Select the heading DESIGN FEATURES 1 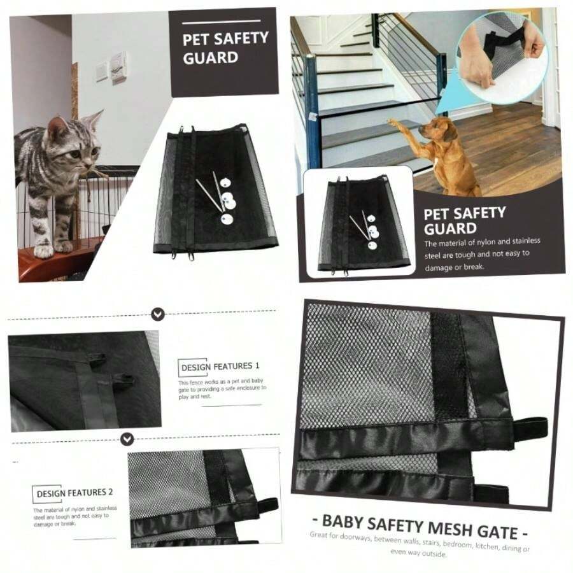(x=220, y=367)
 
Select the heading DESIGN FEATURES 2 (x=74, y=493)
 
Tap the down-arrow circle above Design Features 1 (x=159, y=313)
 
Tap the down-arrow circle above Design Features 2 (x=128, y=439)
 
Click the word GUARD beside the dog (x=449, y=229)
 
